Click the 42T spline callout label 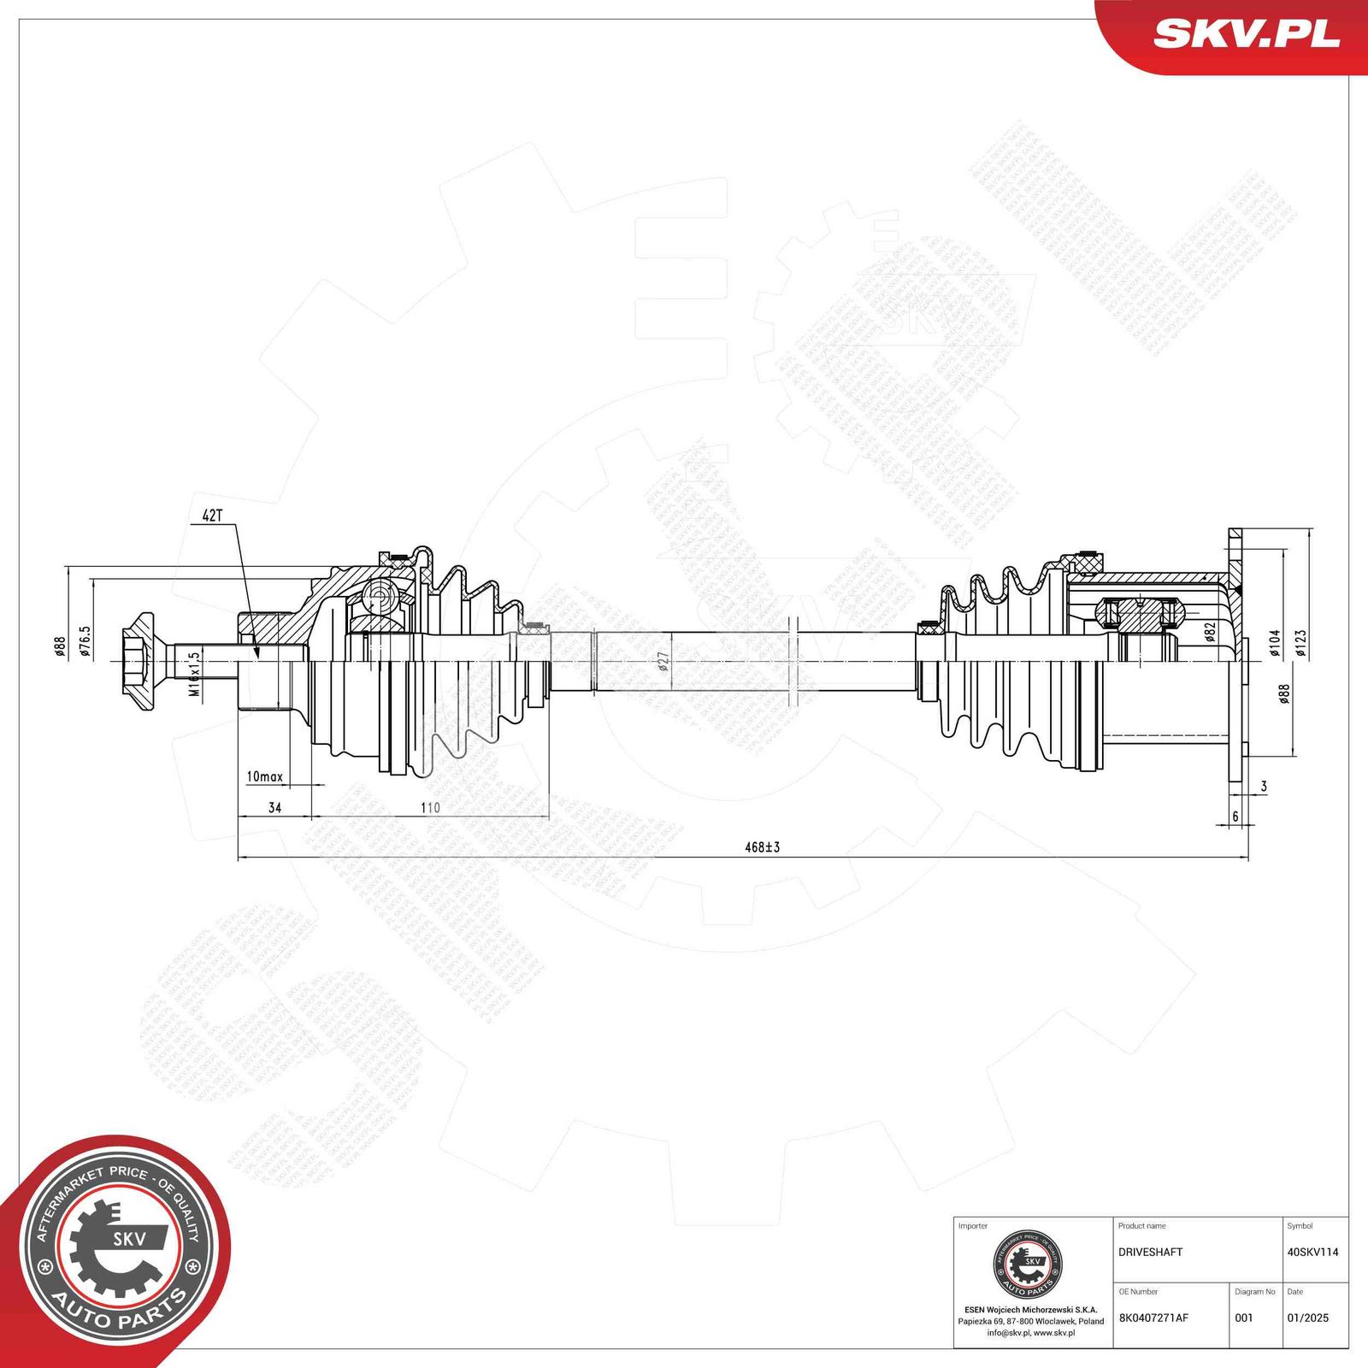coord(212,516)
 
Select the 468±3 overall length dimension coord(762,847)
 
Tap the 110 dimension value coord(430,807)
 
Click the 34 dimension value coord(274,807)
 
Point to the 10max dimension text coord(264,776)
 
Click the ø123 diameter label coord(1300,643)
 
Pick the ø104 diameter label coord(1274,643)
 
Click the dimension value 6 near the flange coord(1235,817)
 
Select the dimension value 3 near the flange coord(1264,787)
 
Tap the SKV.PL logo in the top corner coord(1245,34)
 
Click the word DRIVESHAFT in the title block coord(1150,1252)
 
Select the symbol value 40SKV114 coord(1312,1252)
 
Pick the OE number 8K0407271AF coord(1153,1318)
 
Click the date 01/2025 coord(1307,1318)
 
